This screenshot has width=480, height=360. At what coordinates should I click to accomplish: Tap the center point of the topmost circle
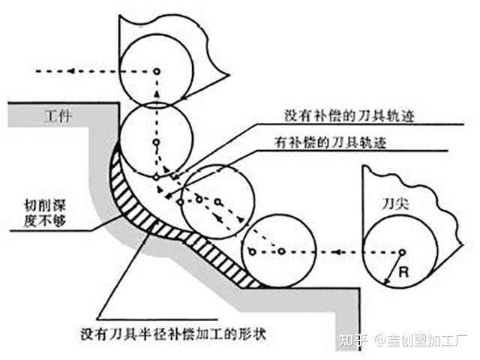tap(157, 71)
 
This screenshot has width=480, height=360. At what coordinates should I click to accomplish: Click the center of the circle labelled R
tap(402, 252)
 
